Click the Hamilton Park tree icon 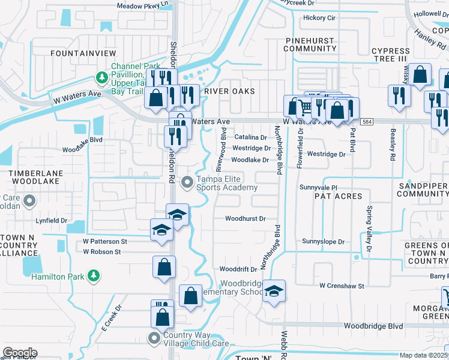pos(93,275)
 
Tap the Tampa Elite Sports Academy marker pos(187,181)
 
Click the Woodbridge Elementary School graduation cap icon pos(274,291)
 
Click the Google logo pos(20,352)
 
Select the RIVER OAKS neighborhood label pos(229,91)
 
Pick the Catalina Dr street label pos(250,137)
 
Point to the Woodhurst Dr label pos(245,219)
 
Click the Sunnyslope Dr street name pos(324,242)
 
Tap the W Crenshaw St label pos(342,286)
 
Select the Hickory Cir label pos(319,18)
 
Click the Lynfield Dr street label pos(51,221)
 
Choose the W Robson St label pos(102,252)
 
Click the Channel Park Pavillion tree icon pos(101,77)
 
